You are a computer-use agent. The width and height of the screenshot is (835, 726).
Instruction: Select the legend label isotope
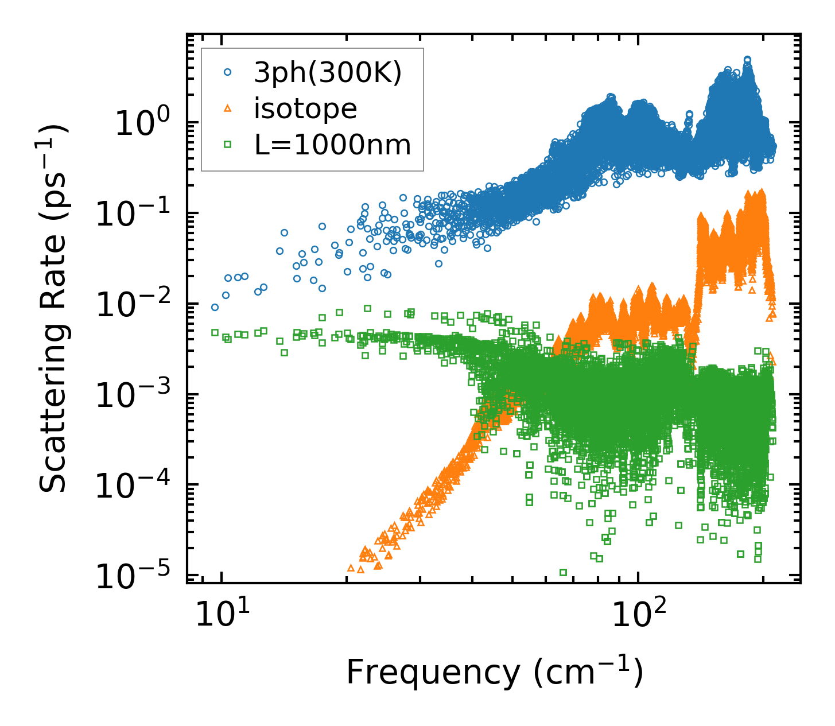tap(305, 108)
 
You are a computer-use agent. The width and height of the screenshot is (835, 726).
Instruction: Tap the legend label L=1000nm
tap(333, 145)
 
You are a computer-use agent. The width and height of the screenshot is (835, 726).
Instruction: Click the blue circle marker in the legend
tap(227, 72)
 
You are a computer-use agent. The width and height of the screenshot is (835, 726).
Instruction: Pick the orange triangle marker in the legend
tap(227, 108)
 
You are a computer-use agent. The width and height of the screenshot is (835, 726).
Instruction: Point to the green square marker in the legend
tap(227, 145)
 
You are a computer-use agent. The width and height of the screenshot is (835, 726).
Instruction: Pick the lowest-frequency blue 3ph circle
tap(215, 308)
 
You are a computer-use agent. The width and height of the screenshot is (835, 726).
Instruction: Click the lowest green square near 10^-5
tap(563, 572)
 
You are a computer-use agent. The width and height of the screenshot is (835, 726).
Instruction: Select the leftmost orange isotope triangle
tap(351, 568)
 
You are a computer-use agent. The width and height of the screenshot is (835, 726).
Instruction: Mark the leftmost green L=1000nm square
tap(215, 332)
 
